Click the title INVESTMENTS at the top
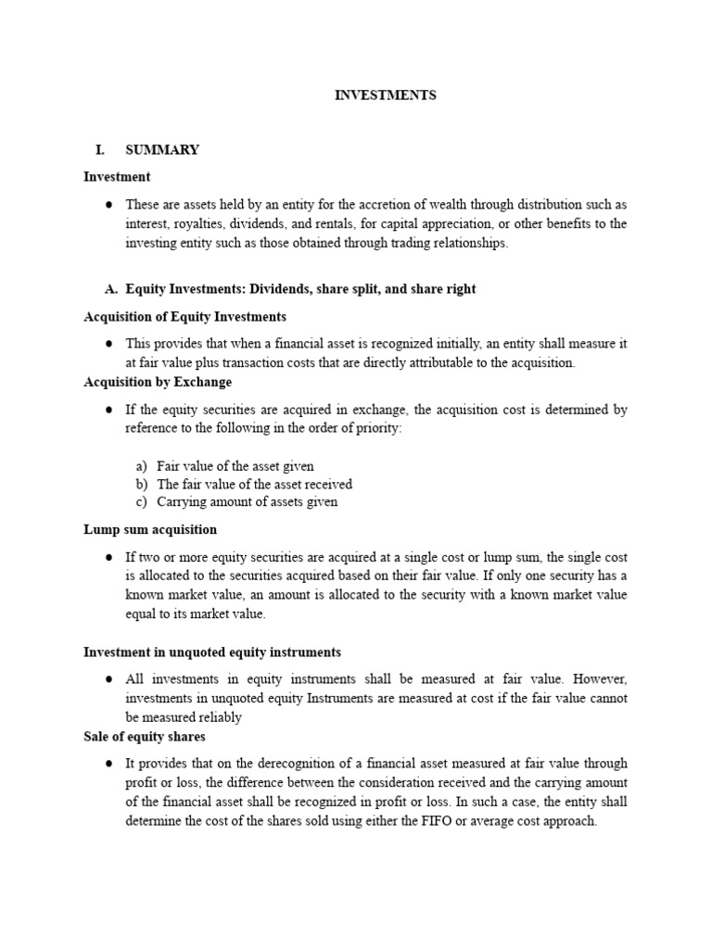(385, 95)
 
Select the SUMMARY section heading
(162, 150)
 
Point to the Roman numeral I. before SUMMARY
(101, 150)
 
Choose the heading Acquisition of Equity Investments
(184, 317)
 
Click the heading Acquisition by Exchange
(158, 382)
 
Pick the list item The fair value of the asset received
(254, 484)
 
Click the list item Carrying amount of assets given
(247, 502)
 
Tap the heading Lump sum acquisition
(150, 529)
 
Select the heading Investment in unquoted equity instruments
(212, 652)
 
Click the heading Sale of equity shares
(145, 737)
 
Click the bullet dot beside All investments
(108, 679)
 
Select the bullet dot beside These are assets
(108, 205)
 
